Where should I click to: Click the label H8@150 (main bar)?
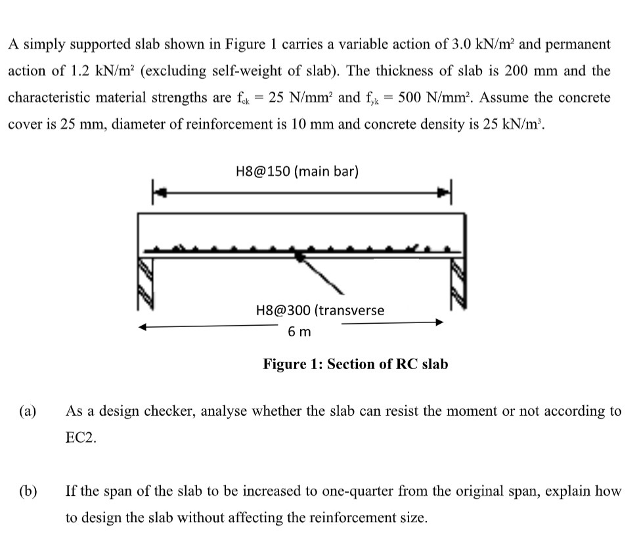[x=296, y=172]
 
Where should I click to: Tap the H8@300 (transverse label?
[x=320, y=310]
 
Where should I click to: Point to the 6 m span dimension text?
[x=299, y=332]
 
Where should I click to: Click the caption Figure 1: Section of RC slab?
[x=355, y=364]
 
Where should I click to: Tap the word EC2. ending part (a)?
[x=81, y=439]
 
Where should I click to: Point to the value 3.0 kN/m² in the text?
[x=490, y=45]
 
